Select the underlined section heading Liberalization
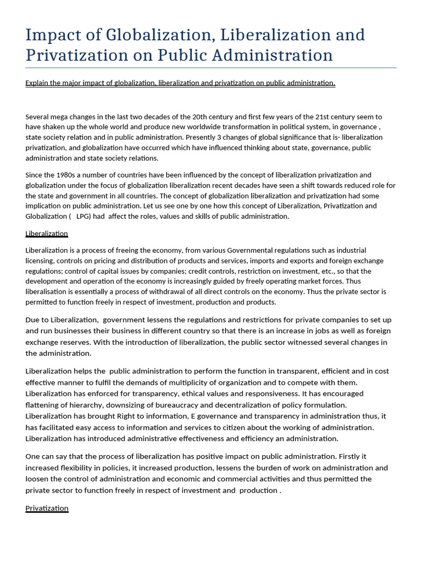(47, 234)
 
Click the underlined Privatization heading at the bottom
(47, 508)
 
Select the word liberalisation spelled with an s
(48, 291)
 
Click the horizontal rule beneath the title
(211, 68)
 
